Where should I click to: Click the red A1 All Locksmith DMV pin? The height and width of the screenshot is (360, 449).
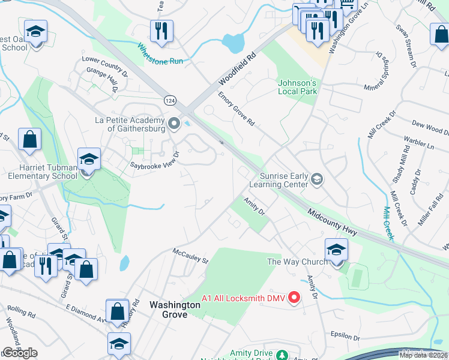coord(294,297)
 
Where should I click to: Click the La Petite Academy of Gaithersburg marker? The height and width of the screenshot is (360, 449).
coord(175,124)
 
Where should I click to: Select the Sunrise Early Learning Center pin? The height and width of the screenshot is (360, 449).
coord(318,178)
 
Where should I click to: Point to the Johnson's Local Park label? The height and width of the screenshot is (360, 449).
coord(297,87)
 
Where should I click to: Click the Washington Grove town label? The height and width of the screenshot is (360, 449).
coord(175,310)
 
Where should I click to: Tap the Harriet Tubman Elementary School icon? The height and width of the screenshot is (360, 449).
coord(88,160)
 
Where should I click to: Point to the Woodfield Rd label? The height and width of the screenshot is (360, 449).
coord(237,70)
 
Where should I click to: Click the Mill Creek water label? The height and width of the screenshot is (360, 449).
coord(388,223)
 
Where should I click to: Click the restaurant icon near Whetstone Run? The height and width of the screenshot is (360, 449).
coord(161,31)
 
